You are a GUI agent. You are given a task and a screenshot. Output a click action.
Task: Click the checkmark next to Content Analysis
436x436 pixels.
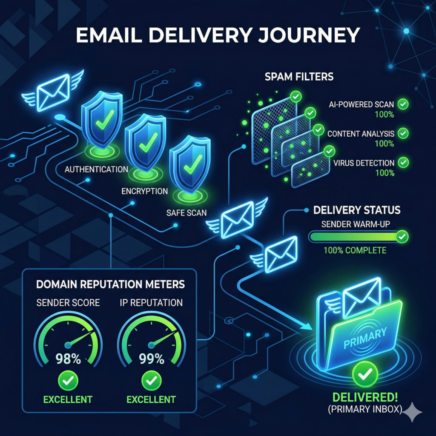(x=402, y=133)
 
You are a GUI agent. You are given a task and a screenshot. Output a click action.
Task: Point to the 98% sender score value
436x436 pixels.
(x=69, y=359)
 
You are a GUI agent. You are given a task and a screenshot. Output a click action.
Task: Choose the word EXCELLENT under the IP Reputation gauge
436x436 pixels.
(x=151, y=399)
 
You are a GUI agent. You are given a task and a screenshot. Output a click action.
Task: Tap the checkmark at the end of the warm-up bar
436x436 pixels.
(x=402, y=236)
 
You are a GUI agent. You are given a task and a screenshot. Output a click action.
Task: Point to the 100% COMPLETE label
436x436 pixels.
(x=355, y=250)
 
